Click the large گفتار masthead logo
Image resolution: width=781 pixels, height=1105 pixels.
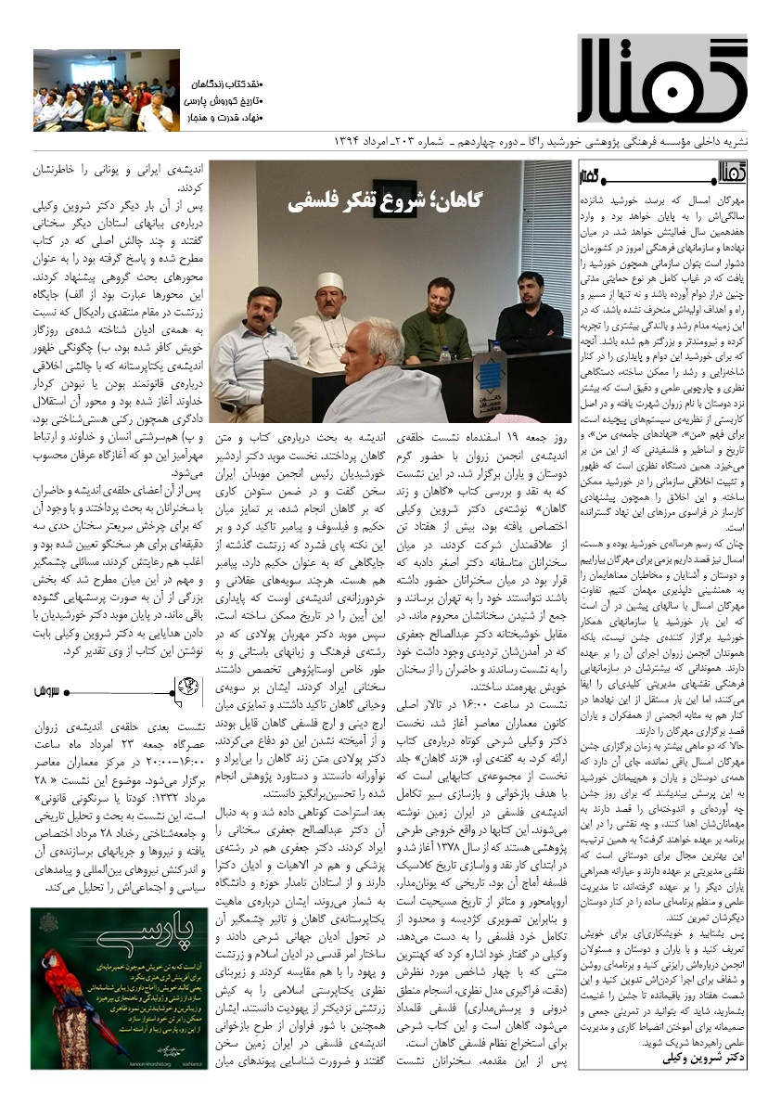click(x=662, y=79)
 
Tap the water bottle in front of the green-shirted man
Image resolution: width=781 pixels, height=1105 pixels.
click(x=445, y=354)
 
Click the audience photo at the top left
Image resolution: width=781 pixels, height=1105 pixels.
click(x=107, y=91)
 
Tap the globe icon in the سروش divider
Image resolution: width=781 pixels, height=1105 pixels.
click(x=187, y=687)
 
